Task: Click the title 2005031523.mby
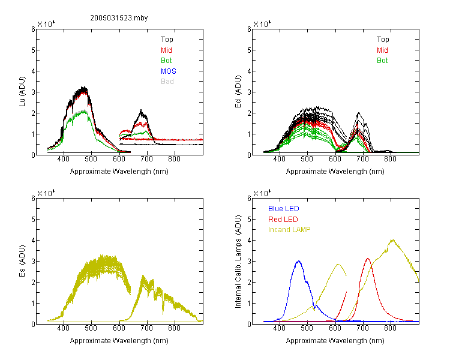pos(119,18)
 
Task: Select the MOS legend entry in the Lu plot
pos(169,71)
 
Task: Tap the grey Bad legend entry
pos(167,82)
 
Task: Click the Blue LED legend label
pos(284,209)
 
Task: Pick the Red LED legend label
pos(283,220)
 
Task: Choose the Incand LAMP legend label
pos(289,230)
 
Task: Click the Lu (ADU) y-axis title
pos(22,92)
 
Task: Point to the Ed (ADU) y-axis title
pos(238,92)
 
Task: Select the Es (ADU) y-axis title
pos(22,261)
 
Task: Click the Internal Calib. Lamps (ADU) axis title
pos(238,262)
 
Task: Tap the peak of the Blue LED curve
pos(299,261)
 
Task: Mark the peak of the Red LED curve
pos(368,259)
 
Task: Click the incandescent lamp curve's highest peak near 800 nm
pos(392,240)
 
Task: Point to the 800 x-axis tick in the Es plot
pos(174,328)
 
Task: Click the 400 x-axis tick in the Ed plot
pos(279,159)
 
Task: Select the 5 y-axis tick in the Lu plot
pos(33,50)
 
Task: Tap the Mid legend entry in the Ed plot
pos(382,50)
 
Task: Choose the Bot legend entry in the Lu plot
pos(166,61)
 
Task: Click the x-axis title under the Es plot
pos(119,341)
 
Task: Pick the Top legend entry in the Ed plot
pos(383,40)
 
